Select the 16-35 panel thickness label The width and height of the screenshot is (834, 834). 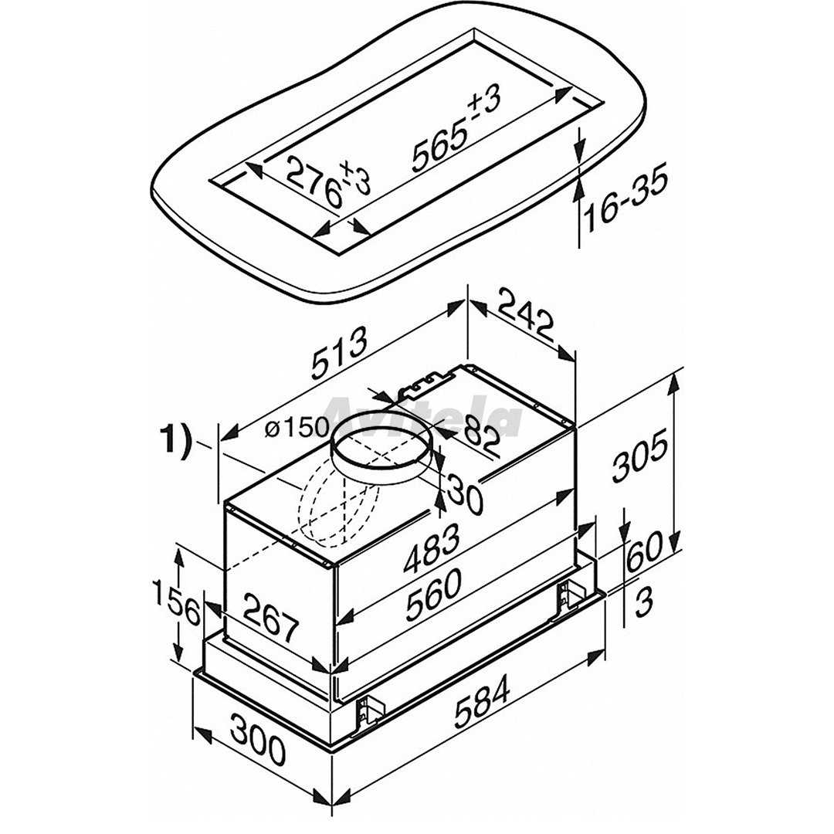625,202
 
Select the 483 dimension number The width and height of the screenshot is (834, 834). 432,548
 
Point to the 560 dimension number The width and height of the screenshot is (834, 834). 434,594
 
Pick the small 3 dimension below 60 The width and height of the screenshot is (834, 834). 643,604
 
